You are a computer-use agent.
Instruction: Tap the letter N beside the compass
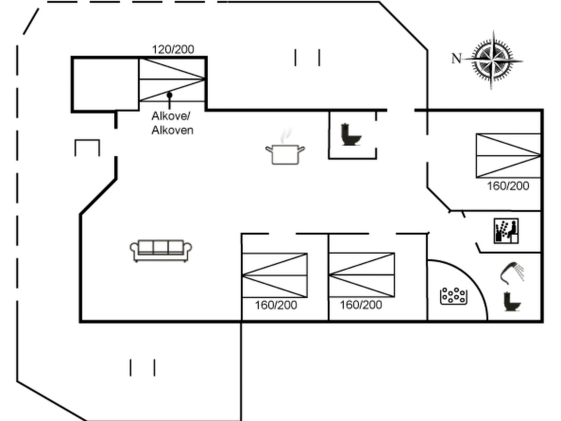(456, 59)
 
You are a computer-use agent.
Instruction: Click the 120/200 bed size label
(173, 50)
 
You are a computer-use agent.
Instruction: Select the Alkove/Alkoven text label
(172, 123)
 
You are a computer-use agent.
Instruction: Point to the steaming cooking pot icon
(285, 151)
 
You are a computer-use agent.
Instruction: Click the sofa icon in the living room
(161, 251)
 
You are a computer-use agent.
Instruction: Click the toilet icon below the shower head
(512, 302)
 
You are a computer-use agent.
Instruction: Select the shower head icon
(511, 272)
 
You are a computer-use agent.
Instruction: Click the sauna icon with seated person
(506, 231)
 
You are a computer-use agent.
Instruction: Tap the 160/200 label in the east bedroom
(508, 186)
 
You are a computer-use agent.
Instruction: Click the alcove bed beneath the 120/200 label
(172, 79)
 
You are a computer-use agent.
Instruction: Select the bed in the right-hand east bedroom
(508, 156)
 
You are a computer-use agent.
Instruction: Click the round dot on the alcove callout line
(170, 95)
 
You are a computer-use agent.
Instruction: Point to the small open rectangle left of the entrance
(87, 147)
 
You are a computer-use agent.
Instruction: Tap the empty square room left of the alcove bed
(106, 84)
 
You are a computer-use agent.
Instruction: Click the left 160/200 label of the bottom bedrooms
(276, 305)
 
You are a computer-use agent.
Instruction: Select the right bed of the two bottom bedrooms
(362, 275)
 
